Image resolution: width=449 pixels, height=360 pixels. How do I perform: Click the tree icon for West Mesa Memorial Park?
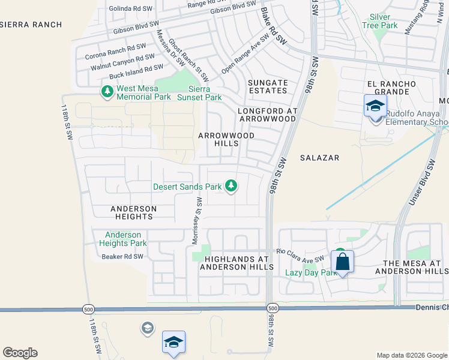pyautogui.click(x=107, y=91)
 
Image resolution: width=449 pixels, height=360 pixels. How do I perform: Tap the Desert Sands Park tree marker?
pyautogui.click(x=231, y=186)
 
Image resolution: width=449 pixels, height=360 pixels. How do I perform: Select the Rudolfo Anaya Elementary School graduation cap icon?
pyautogui.click(x=375, y=107)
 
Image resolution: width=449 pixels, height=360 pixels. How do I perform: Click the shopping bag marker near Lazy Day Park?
pyautogui.click(x=342, y=262)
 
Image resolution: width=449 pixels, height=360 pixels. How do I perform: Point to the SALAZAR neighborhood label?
pyautogui.click(x=320, y=158)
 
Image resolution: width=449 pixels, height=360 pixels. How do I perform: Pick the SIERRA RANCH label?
pyautogui.click(x=31, y=25)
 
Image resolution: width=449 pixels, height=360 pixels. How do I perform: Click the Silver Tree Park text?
pyautogui.click(x=380, y=22)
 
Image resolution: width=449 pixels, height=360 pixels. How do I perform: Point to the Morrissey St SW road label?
pyautogui.click(x=196, y=222)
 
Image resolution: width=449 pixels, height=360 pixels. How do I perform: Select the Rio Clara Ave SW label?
pyautogui.click(x=300, y=256)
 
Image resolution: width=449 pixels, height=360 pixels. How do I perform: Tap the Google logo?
pyautogui.click(x=20, y=353)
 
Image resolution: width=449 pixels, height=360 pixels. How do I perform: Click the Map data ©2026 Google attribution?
pyautogui.click(x=411, y=355)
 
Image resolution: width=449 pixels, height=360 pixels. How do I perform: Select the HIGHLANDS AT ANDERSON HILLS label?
pyautogui.click(x=239, y=263)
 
